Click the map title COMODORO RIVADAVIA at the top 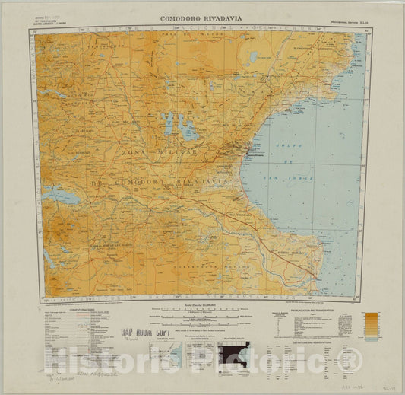[x=203, y=18]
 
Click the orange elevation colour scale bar [x=371, y=323]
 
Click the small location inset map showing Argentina [x=177, y=355]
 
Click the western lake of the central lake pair [x=167, y=121]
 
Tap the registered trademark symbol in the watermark [x=350, y=362]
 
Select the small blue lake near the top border [x=253, y=56]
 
